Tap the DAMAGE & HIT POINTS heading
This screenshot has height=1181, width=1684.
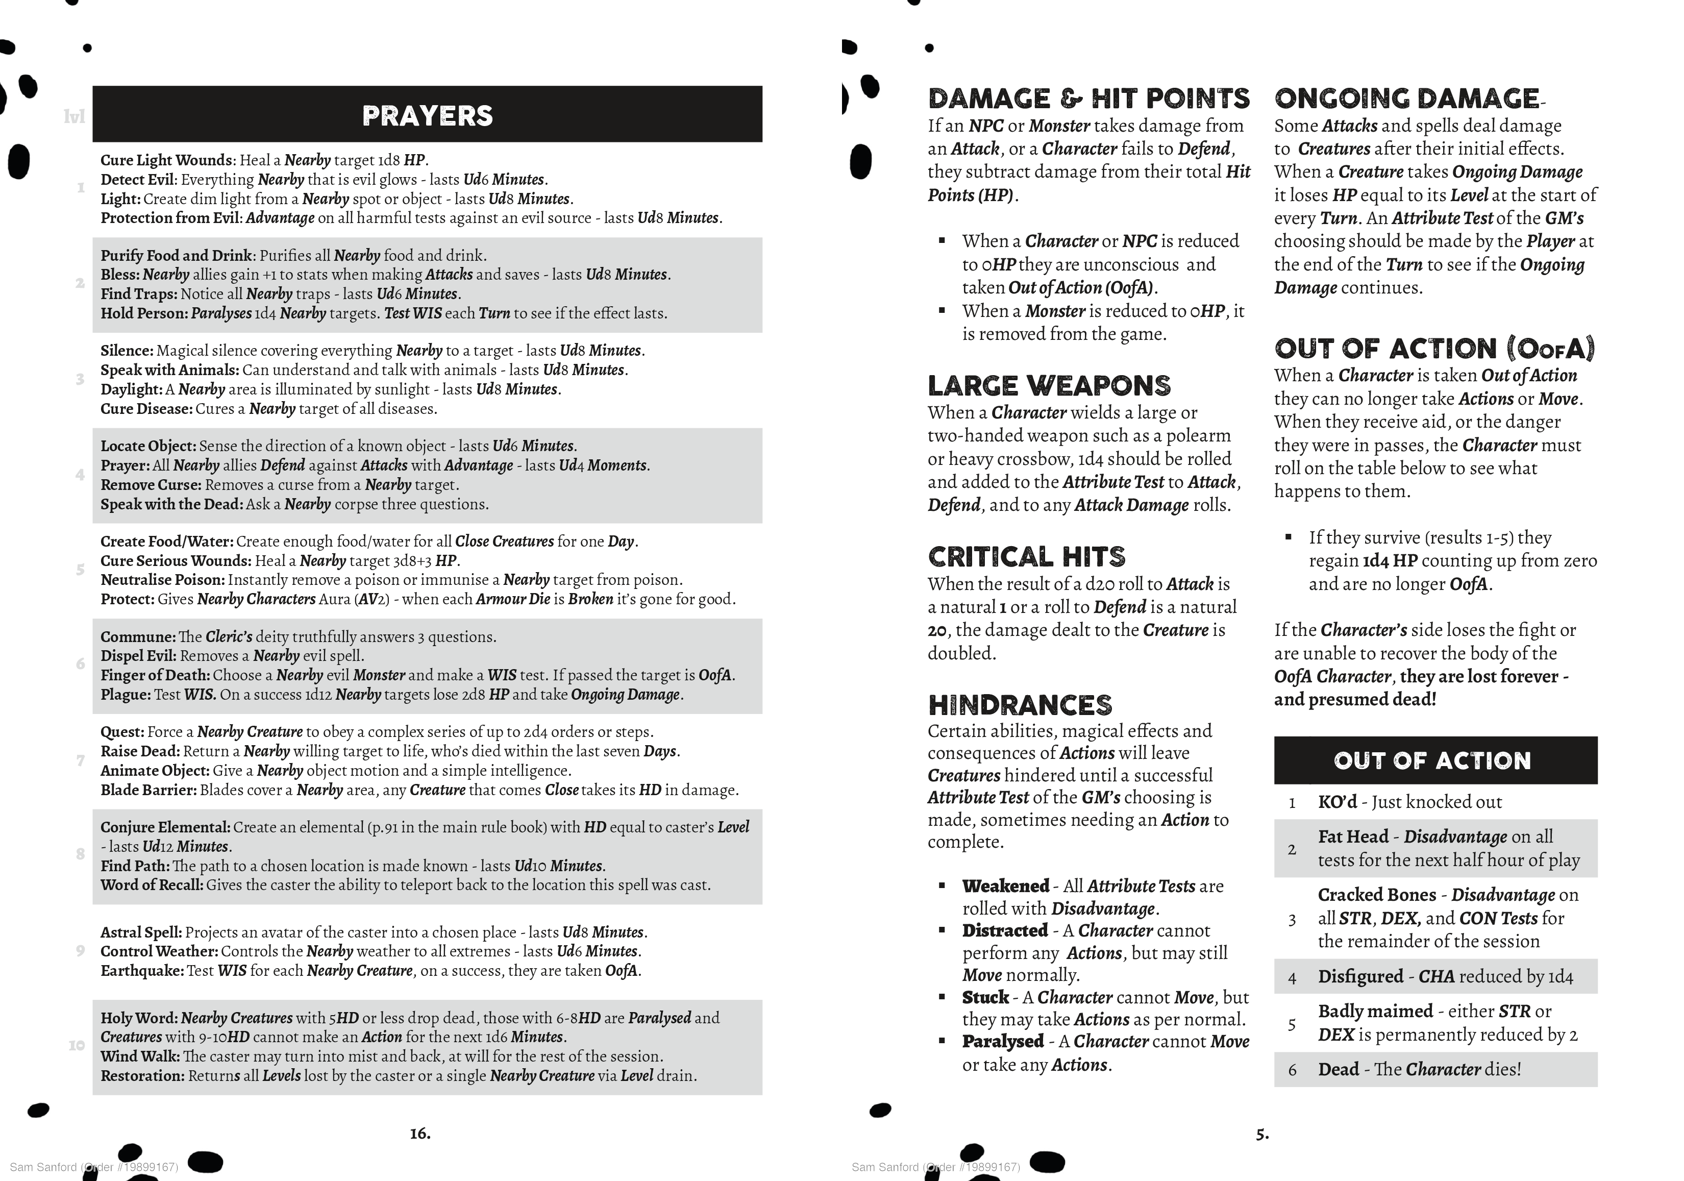[1088, 99]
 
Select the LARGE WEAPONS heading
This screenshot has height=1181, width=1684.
[1049, 386]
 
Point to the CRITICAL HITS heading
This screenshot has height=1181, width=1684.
[1026, 557]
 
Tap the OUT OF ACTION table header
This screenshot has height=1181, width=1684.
[1432, 760]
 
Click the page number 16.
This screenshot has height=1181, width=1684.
[419, 1134]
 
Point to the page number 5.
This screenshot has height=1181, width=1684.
[1261, 1134]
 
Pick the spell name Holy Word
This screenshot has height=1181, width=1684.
[139, 1018]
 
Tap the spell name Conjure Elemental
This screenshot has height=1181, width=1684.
[165, 827]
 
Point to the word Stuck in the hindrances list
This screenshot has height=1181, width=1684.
[985, 998]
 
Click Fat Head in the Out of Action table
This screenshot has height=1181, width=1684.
[1352, 837]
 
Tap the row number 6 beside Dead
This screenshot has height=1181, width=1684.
[1292, 1070]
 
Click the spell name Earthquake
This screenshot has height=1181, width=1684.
[141, 971]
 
